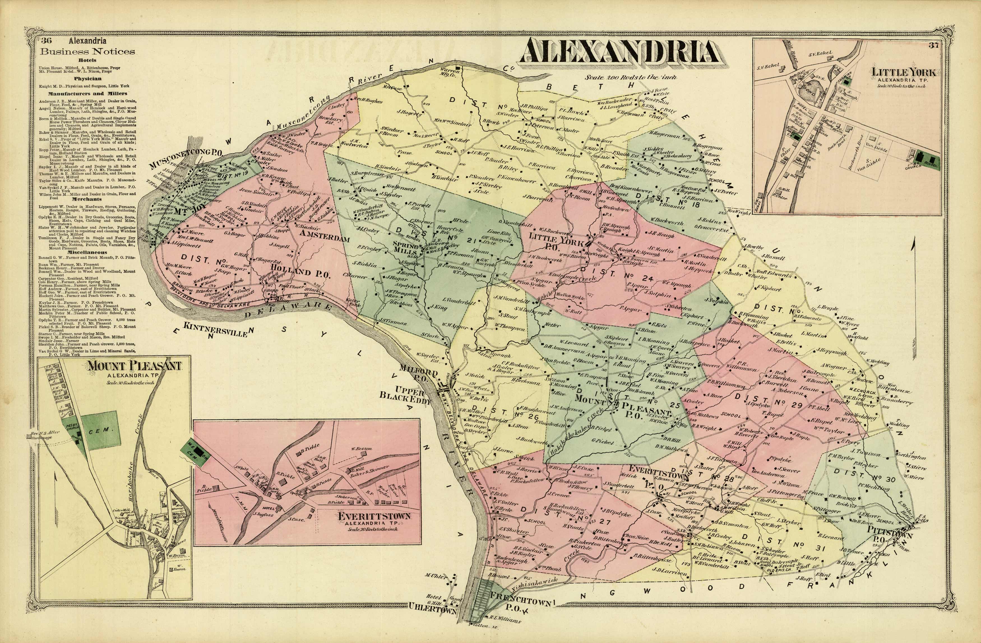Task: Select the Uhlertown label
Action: tap(432, 618)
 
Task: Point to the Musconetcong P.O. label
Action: tap(186, 160)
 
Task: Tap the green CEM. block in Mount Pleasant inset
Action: tap(100, 430)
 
